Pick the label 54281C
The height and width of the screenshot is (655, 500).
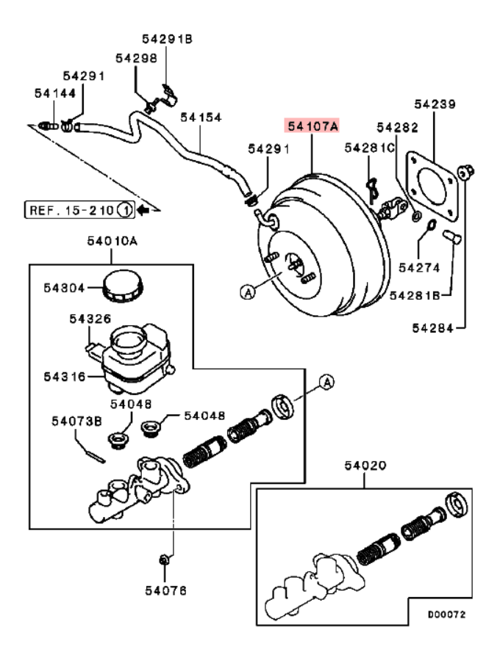tap(370, 148)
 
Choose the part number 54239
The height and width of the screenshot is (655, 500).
tap(434, 104)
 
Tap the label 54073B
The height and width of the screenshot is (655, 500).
tap(76, 421)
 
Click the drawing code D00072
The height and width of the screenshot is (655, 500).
tap(446, 613)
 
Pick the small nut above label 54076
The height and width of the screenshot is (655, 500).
tap(165, 562)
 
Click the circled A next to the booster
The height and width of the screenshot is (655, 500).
tap(247, 292)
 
